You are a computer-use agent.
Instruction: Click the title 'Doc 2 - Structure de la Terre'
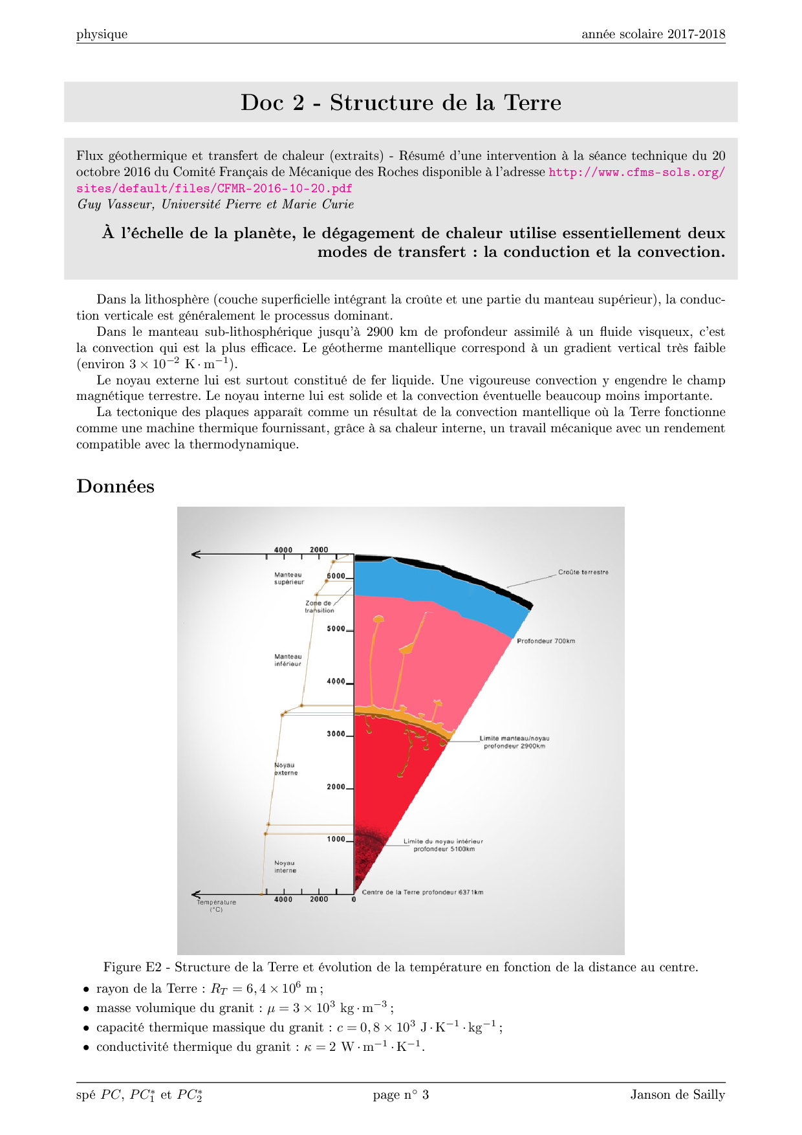(401, 102)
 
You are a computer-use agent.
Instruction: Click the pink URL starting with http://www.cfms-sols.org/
(636, 172)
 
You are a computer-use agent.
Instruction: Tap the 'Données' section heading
(115, 486)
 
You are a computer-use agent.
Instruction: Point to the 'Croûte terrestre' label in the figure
(583, 572)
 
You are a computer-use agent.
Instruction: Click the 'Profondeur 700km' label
(546, 641)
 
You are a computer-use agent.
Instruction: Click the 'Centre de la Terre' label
(422, 892)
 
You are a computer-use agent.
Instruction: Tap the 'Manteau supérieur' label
(288, 579)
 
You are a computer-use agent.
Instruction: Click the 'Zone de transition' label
(320, 607)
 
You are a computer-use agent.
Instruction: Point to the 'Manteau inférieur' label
(288, 660)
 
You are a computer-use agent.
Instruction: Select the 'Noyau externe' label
(286, 769)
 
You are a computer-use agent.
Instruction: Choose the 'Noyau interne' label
(285, 866)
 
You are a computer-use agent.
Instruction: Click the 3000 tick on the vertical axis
(336, 734)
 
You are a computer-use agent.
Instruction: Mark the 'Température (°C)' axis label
(217, 906)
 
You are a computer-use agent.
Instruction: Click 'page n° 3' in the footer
(400, 1095)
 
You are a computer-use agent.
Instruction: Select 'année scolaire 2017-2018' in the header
(653, 34)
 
